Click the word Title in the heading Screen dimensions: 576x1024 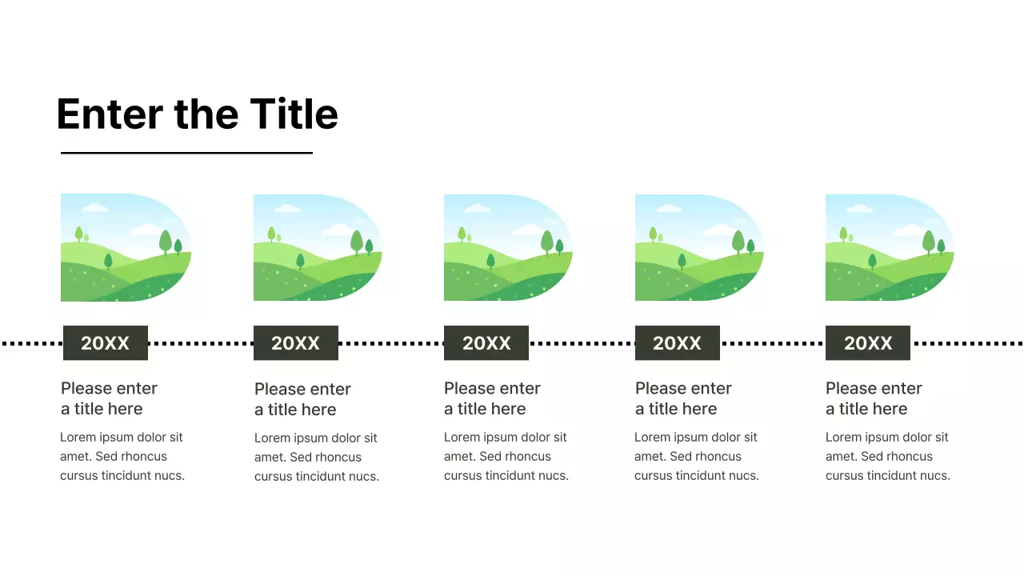tap(294, 114)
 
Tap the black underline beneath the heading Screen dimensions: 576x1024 tap(186, 153)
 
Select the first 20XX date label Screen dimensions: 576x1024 tap(105, 343)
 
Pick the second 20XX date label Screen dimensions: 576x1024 tap(295, 343)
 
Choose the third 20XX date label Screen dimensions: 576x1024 tap(486, 343)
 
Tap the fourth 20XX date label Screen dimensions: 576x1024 tap(677, 343)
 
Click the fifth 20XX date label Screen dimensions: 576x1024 tap(868, 343)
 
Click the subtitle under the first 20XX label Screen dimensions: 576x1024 tap(109, 398)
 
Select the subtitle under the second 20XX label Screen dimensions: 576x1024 tap(302, 399)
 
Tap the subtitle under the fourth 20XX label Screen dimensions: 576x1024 tap(683, 398)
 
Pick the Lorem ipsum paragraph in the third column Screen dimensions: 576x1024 tap(506, 456)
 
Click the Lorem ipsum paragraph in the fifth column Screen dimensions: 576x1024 tap(887, 456)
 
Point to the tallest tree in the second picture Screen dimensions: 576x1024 tap(357, 241)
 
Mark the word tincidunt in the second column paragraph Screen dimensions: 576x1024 tap(324, 477)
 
